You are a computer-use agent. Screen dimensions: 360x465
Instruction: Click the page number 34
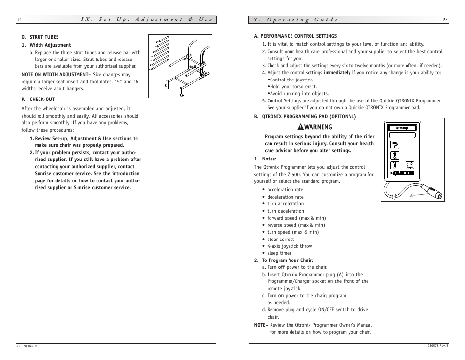(x=19, y=20)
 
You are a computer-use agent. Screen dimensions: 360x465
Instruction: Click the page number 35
(x=445, y=20)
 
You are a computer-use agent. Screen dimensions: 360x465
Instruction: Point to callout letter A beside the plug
(x=411, y=194)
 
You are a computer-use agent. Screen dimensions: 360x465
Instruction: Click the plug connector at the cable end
(x=434, y=192)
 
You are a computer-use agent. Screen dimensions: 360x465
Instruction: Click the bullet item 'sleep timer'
(x=279, y=253)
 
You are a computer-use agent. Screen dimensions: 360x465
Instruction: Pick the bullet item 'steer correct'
(x=280, y=240)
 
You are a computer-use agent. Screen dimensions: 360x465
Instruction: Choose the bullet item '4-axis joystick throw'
(x=290, y=246)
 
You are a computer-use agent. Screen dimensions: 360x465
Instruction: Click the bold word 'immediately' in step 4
(x=337, y=73)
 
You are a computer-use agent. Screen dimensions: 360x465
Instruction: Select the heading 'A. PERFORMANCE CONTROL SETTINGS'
(x=295, y=36)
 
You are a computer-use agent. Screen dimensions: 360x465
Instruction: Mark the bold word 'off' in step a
(x=281, y=267)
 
